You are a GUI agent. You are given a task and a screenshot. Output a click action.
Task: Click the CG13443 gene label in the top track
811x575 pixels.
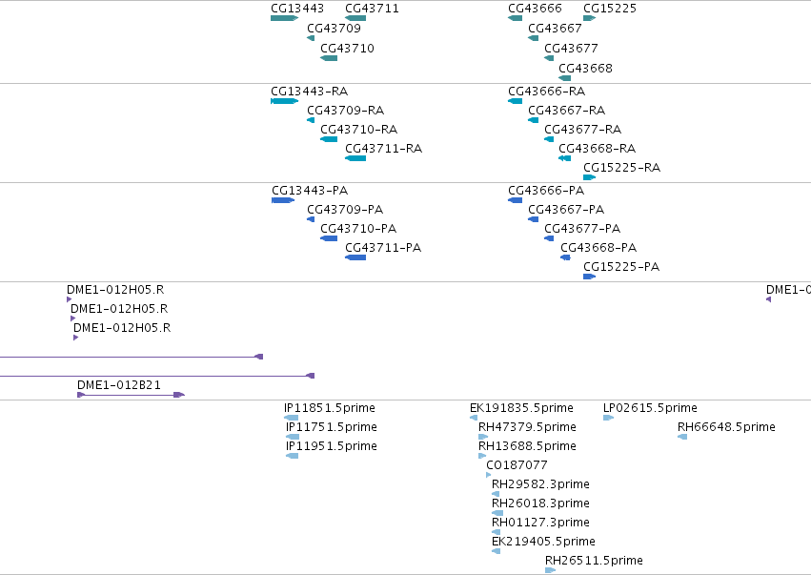click(297, 9)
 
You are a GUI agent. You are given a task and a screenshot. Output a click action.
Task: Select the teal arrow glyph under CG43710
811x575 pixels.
click(329, 58)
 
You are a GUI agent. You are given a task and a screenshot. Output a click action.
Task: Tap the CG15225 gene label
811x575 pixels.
click(610, 9)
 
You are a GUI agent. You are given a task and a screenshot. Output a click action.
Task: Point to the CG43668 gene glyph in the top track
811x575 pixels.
click(565, 78)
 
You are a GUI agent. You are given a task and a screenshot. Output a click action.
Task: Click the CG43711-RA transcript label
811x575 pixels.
click(384, 149)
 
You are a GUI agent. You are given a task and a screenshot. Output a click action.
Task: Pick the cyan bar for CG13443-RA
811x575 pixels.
click(285, 101)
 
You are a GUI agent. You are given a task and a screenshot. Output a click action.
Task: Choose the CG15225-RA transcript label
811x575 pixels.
click(621, 168)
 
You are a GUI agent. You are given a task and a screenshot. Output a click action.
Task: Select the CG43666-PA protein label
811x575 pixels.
click(546, 191)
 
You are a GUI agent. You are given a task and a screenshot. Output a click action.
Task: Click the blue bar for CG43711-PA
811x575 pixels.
click(355, 257)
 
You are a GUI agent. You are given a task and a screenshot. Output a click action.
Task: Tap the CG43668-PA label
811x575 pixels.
click(598, 247)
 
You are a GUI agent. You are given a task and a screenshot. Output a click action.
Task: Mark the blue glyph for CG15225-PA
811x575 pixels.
click(589, 277)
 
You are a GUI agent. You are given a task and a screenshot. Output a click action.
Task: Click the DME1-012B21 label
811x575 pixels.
click(119, 385)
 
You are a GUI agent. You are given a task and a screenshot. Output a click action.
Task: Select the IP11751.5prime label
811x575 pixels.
click(332, 427)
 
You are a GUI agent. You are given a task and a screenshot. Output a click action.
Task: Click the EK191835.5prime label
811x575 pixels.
click(521, 408)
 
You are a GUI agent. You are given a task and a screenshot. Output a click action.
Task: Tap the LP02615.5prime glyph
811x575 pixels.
click(608, 418)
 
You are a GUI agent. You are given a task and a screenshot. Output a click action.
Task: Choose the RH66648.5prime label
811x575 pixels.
click(726, 427)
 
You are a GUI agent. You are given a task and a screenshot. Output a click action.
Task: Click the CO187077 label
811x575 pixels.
click(517, 465)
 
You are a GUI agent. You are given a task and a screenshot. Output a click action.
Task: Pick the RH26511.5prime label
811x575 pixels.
click(594, 561)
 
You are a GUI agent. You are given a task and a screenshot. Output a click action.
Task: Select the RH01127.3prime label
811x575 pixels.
click(540, 523)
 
